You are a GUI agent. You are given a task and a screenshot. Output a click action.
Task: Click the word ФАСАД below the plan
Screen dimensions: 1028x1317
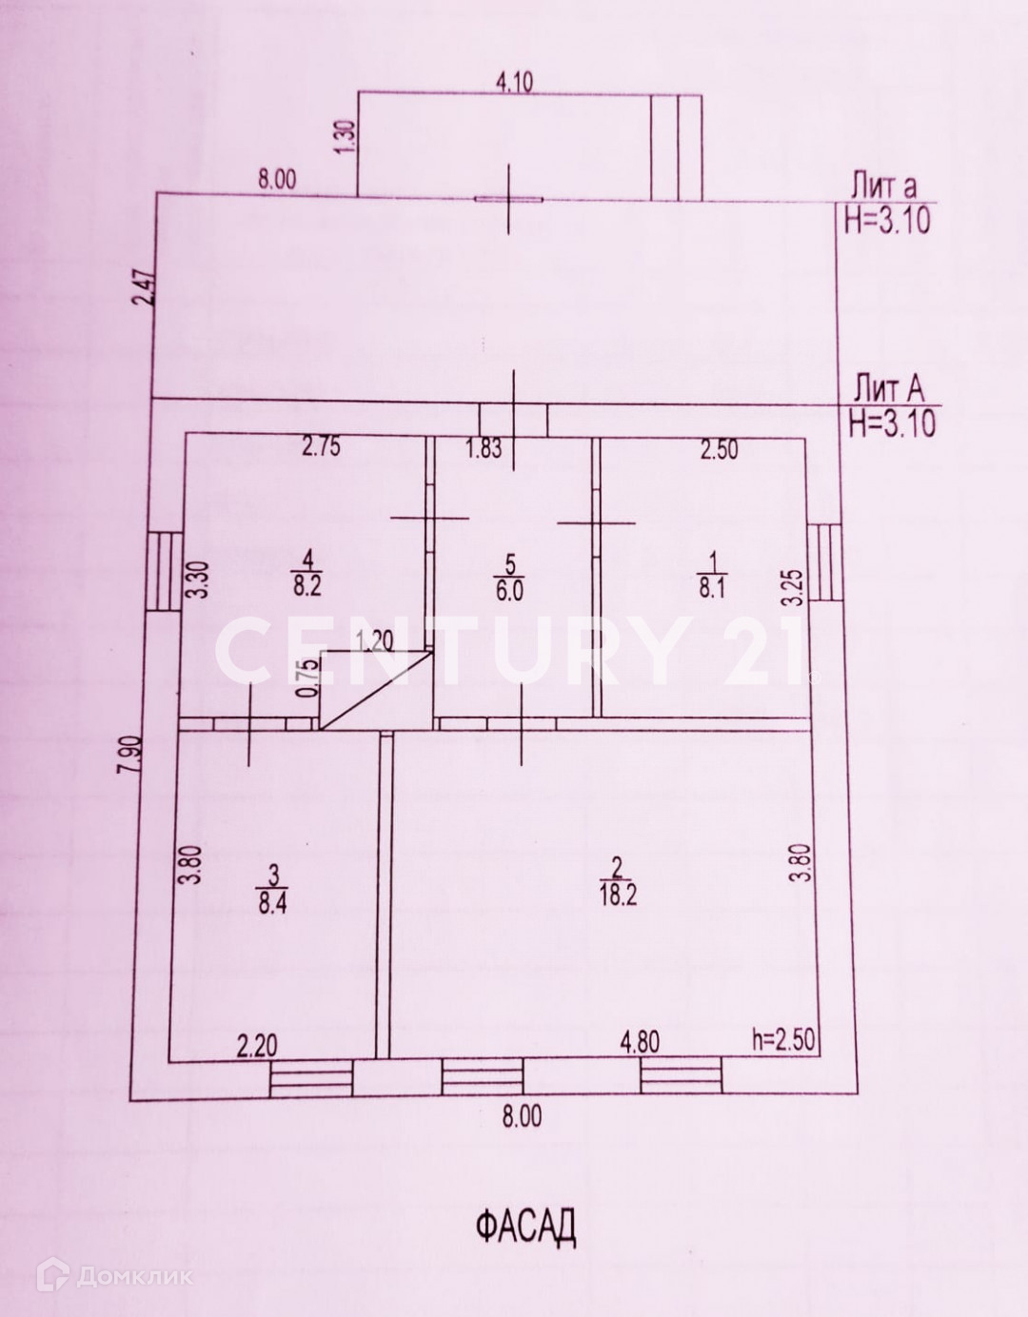[525, 1227]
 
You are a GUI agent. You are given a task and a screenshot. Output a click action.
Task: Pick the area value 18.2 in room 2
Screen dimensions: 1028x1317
[618, 896]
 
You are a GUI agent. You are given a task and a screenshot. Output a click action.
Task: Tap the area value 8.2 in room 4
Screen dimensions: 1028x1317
[306, 584]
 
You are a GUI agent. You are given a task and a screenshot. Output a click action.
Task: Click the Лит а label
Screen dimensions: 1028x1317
[884, 187]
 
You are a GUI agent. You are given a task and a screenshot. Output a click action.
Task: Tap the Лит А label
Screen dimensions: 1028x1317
[888, 389]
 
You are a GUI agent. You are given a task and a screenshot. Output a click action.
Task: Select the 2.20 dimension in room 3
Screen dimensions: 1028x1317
[257, 1047]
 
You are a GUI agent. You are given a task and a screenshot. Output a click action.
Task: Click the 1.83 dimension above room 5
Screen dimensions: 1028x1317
[484, 448]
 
